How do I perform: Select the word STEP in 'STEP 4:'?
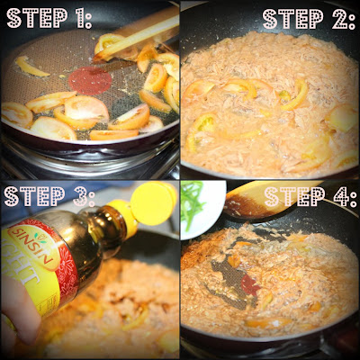pos(290,197)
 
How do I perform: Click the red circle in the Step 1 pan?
pos(91,81)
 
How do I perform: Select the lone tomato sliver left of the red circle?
pos(31,66)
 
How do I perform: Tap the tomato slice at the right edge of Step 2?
pos(342,117)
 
